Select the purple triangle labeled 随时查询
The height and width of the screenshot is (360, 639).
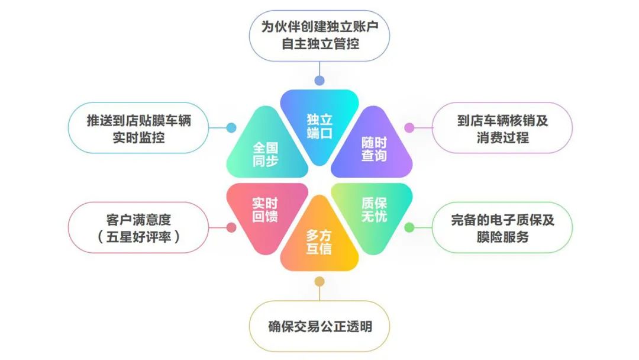373,147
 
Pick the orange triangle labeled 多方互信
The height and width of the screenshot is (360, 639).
319,239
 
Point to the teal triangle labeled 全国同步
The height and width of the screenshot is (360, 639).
266,147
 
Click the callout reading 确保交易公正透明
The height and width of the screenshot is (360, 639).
319,326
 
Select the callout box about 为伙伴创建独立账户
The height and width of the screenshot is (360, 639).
319,36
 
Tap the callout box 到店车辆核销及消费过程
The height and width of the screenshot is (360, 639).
502,128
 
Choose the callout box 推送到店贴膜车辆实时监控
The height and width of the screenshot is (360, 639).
138,128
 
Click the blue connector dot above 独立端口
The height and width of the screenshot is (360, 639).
319,81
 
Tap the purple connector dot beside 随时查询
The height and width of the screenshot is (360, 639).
409,128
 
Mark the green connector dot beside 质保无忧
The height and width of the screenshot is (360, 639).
409,227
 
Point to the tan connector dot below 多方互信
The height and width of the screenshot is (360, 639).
319,281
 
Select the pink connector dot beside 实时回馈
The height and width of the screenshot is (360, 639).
231,227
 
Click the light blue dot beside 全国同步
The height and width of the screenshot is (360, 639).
231,128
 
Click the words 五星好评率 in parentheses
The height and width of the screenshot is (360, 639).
138,236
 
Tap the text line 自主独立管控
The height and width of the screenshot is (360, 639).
320,44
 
